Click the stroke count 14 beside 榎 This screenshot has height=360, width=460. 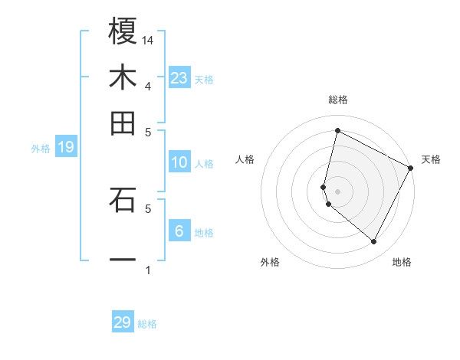(148, 40)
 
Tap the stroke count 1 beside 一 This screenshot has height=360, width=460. (148, 270)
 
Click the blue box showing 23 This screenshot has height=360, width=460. (179, 78)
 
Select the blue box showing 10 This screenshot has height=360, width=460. (179, 162)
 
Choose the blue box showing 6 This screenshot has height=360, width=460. (179, 231)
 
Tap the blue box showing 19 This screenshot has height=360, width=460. (66, 148)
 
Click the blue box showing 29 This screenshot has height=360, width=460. (123, 322)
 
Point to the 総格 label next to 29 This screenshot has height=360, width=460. (147, 324)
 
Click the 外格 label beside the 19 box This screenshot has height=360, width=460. (40, 149)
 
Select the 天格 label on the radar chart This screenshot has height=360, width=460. (432, 159)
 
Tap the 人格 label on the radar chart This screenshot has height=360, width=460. (245, 159)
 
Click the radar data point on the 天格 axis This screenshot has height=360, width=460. (411, 168)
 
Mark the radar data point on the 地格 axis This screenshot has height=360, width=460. (374, 242)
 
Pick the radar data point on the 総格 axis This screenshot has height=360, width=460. (337, 130)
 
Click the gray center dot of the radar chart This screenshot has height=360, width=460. (337, 191)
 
